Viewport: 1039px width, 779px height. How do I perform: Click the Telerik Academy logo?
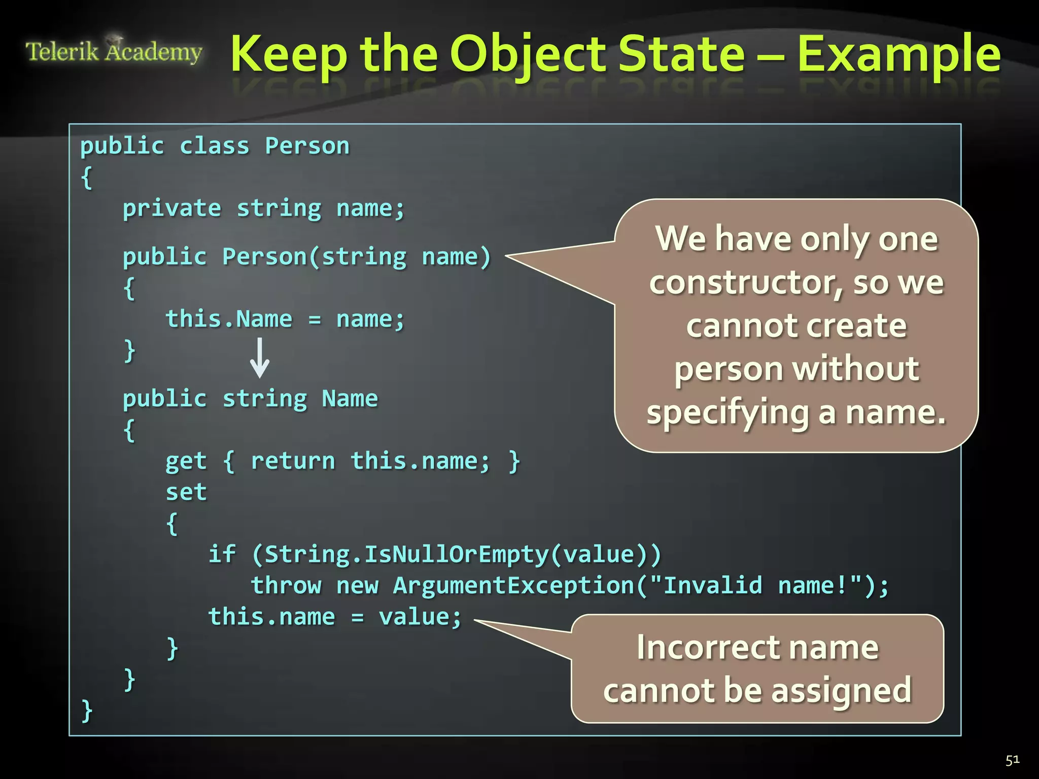[114, 51]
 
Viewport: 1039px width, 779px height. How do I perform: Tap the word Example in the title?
[898, 55]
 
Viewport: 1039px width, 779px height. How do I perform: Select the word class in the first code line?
[214, 146]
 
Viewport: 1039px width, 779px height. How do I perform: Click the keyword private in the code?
[171, 208]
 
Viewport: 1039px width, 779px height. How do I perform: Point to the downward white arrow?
[260, 358]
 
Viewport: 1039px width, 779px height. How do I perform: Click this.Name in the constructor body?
[229, 319]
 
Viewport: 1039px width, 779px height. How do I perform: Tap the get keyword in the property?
[186, 462]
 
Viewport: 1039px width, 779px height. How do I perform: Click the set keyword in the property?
[186, 492]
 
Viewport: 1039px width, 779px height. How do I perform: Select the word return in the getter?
[293, 462]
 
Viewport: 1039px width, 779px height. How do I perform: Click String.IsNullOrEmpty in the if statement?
[406, 554]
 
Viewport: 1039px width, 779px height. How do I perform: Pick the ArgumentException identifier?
[513, 586]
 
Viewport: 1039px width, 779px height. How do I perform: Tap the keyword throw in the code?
[286, 586]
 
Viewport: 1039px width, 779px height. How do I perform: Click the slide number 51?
[1012, 760]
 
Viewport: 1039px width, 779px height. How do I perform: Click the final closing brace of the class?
[87, 710]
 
